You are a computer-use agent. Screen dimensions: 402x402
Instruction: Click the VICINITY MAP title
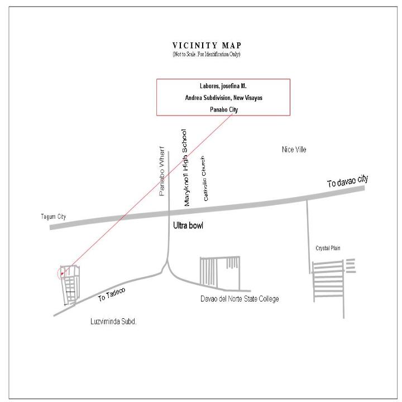pyautogui.click(x=207, y=46)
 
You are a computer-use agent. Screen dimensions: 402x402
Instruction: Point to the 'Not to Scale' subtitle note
pyautogui.click(x=207, y=54)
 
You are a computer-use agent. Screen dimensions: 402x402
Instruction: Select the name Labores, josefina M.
pyautogui.click(x=223, y=86)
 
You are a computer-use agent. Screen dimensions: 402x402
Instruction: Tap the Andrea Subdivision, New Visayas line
pyautogui.click(x=223, y=98)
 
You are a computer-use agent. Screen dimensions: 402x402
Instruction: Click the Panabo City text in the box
pyautogui.click(x=224, y=109)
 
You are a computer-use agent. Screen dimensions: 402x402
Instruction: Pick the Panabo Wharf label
pyautogui.click(x=161, y=171)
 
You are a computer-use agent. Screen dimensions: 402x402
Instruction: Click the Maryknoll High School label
pyautogui.click(x=185, y=168)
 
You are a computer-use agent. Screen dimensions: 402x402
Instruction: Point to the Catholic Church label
pyautogui.click(x=204, y=179)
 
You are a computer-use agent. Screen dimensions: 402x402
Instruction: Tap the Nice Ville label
pyautogui.click(x=294, y=150)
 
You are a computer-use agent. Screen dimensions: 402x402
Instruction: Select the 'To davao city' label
pyautogui.click(x=348, y=181)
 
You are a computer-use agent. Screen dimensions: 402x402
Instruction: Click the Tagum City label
pyautogui.click(x=54, y=217)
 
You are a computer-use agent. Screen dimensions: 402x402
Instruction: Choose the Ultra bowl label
pyautogui.click(x=188, y=226)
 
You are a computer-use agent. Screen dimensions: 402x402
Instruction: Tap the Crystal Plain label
pyautogui.click(x=328, y=248)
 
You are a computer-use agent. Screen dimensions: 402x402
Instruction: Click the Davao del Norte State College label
pyautogui.click(x=240, y=299)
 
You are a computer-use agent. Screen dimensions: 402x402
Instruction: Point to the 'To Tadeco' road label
pyautogui.click(x=112, y=294)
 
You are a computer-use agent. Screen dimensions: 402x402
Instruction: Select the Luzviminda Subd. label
pyautogui.click(x=113, y=322)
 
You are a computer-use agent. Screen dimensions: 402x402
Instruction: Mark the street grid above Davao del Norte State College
pyautogui.click(x=220, y=272)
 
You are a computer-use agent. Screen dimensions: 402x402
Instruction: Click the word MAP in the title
pyautogui.click(x=232, y=46)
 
